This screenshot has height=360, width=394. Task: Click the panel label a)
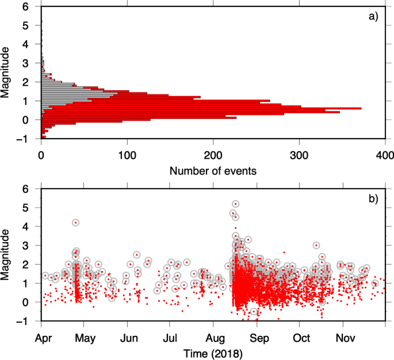point(373,16)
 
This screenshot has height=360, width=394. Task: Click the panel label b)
point(373,199)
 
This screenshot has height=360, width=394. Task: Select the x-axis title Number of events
point(213,171)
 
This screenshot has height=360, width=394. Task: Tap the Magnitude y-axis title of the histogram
point(7,72)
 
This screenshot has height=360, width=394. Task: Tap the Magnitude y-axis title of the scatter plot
point(7,255)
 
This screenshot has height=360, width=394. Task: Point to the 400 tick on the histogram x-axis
point(385,155)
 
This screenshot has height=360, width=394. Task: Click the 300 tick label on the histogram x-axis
point(299,155)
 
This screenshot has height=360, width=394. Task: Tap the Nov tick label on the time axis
point(344,337)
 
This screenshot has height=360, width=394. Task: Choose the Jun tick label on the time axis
point(128,337)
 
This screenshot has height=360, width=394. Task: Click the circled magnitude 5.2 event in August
point(236,204)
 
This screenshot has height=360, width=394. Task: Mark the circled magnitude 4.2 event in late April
point(76,223)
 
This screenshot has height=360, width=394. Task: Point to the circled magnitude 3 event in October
point(316,245)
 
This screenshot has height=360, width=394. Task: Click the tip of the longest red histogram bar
point(361,108)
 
